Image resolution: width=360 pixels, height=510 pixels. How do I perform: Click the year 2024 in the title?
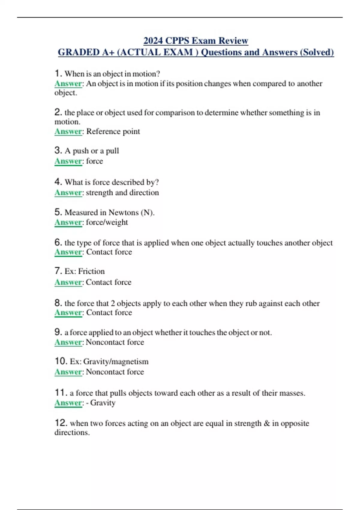click(x=153, y=40)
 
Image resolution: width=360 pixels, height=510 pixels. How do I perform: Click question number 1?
click(x=58, y=73)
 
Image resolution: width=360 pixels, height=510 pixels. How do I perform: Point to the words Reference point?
click(x=113, y=131)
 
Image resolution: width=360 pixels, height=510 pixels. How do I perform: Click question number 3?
click(x=58, y=150)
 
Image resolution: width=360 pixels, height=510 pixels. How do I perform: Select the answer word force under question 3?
click(x=94, y=161)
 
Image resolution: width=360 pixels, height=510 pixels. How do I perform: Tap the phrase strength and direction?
click(x=122, y=193)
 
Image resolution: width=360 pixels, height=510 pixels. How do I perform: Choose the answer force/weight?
click(x=107, y=222)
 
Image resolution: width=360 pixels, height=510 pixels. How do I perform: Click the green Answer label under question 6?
click(x=68, y=252)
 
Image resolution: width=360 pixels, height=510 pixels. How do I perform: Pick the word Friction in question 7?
click(x=91, y=271)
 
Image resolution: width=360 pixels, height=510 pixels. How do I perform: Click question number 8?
click(x=58, y=303)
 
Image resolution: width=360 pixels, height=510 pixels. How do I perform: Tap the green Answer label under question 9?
click(x=68, y=342)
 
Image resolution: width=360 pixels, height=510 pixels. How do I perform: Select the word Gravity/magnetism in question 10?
click(x=116, y=361)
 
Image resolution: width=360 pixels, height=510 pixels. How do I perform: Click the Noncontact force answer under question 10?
click(x=115, y=372)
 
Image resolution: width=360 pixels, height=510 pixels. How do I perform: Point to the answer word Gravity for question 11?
click(x=103, y=403)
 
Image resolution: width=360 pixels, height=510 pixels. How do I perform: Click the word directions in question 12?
click(x=72, y=433)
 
